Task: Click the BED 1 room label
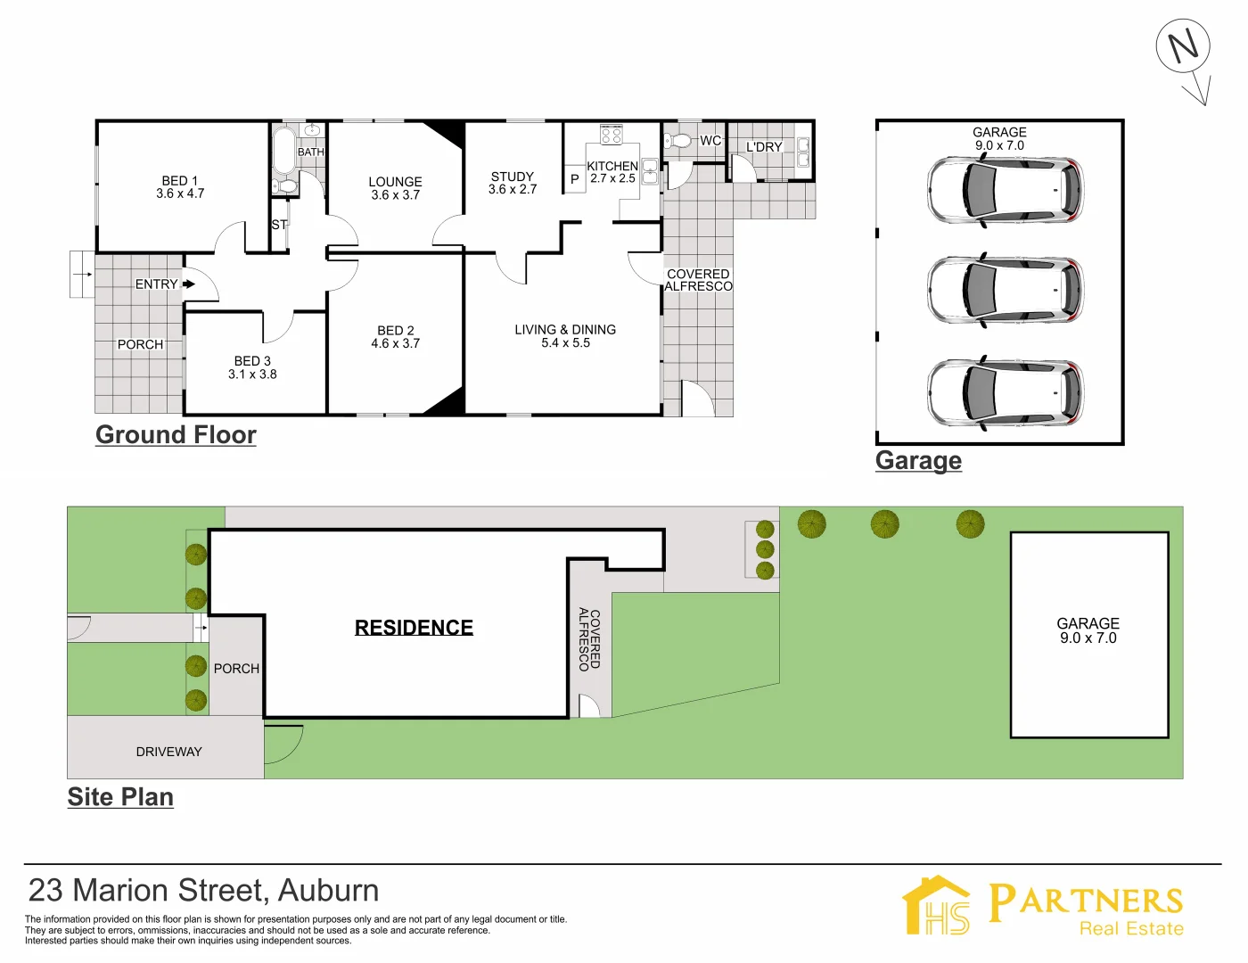coord(180,181)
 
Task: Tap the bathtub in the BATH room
coord(283,151)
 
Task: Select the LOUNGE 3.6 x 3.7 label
coord(395,188)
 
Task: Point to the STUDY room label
coord(513,177)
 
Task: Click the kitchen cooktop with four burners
coord(612,135)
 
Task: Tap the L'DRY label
coord(764,147)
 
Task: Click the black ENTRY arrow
coord(188,284)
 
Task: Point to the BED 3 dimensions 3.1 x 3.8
coord(252,374)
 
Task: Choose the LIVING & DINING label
coord(565,330)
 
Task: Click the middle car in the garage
coord(1005,291)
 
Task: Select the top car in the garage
coord(1005,190)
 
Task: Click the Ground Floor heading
coord(176,435)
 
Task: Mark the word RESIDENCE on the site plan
coord(414,628)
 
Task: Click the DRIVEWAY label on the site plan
coord(168,752)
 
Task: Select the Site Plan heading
coord(120,797)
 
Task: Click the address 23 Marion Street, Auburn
coord(203,891)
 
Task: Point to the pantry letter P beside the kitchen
coord(575,179)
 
